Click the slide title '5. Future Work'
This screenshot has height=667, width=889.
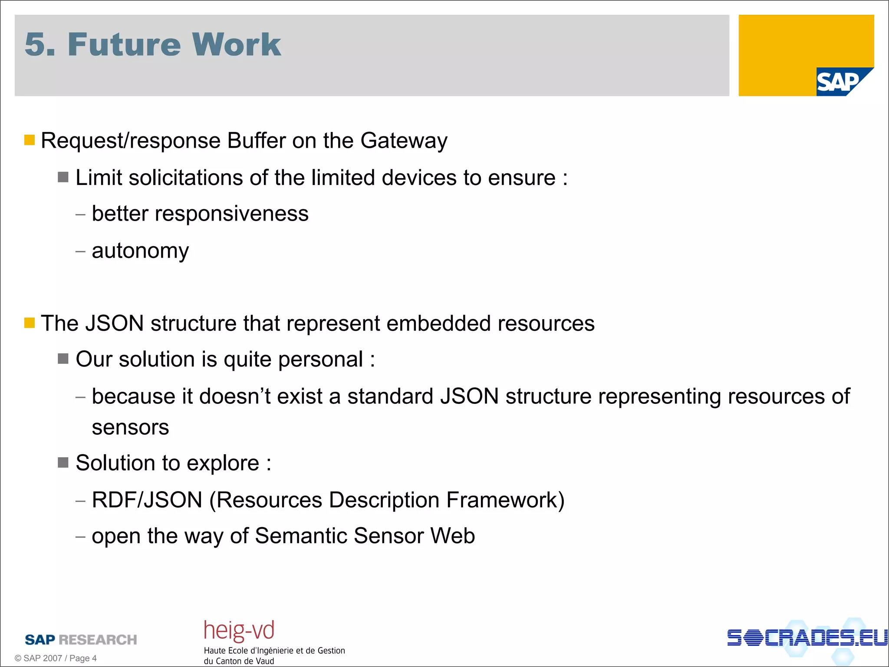pos(153,44)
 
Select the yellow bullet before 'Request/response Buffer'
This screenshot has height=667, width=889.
pos(30,140)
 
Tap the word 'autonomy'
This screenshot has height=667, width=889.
pos(140,251)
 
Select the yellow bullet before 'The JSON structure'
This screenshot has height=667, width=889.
pos(30,323)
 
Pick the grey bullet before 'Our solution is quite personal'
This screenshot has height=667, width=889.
pos(63,359)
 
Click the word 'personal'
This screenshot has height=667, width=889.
pos(320,360)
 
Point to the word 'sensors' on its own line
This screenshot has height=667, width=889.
pos(130,427)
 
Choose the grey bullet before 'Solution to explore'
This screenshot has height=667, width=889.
pos(63,462)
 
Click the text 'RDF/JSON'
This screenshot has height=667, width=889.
pos(147,500)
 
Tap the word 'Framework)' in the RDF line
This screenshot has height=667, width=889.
pos(505,500)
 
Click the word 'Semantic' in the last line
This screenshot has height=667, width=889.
pos(301,536)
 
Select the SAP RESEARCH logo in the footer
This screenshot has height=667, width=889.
pos(81,640)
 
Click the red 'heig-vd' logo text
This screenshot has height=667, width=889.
pos(239,631)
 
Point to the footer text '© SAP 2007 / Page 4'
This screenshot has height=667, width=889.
pos(56,658)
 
